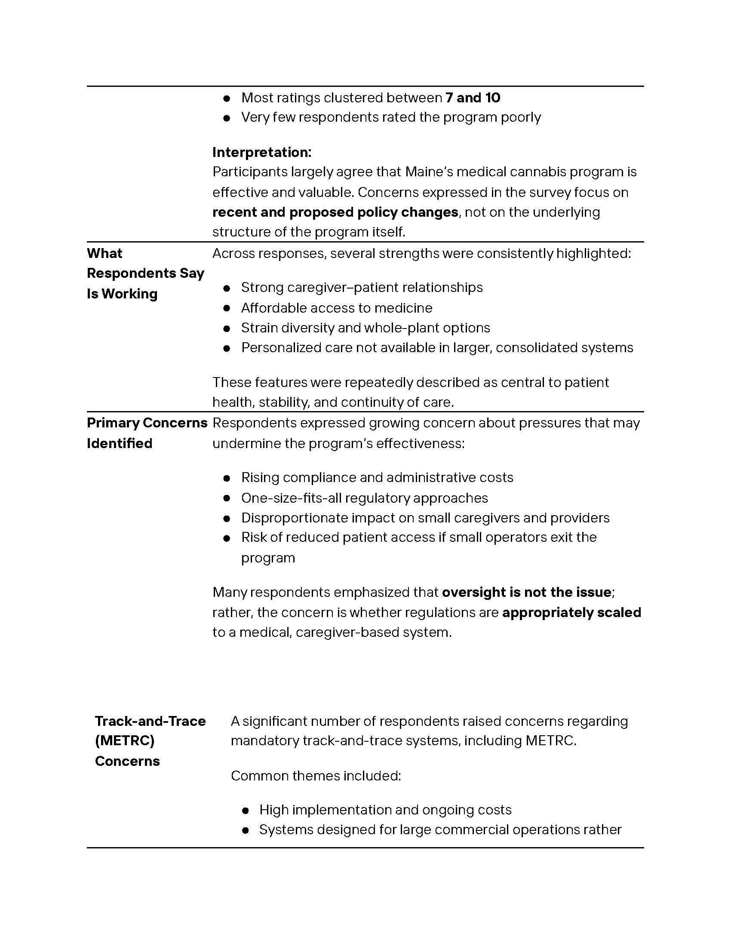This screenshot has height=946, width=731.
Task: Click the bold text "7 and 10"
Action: [x=473, y=98]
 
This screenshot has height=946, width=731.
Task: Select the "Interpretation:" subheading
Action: [x=261, y=153]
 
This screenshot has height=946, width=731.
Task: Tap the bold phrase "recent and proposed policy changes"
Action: [x=335, y=212]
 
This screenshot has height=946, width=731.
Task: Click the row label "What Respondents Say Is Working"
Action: [x=145, y=273]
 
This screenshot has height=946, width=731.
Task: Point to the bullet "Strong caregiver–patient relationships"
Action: [x=362, y=288]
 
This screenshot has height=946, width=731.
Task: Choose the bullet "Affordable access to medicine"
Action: [x=337, y=308]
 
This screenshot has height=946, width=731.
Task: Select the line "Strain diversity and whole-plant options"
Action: [x=365, y=328]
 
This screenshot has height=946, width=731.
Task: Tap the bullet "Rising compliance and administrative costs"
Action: [x=377, y=478]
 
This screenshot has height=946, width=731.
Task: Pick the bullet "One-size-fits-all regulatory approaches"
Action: [x=364, y=498]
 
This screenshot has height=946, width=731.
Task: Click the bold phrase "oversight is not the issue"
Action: [x=526, y=592]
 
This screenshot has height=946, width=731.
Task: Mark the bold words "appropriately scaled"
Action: [x=571, y=612]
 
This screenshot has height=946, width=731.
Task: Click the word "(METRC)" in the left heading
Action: [x=125, y=741]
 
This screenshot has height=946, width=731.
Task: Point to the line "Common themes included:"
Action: [x=316, y=775]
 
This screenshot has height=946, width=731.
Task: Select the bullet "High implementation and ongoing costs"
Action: [x=385, y=810]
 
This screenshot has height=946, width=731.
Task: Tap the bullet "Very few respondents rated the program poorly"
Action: [x=390, y=118]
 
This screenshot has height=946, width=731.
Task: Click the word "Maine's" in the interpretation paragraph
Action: [x=428, y=172]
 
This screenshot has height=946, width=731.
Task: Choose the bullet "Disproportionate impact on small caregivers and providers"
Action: [x=425, y=518]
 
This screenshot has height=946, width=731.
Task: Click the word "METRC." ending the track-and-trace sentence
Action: [x=551, y=741]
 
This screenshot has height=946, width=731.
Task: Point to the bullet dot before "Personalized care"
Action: [x=227, y=348]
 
